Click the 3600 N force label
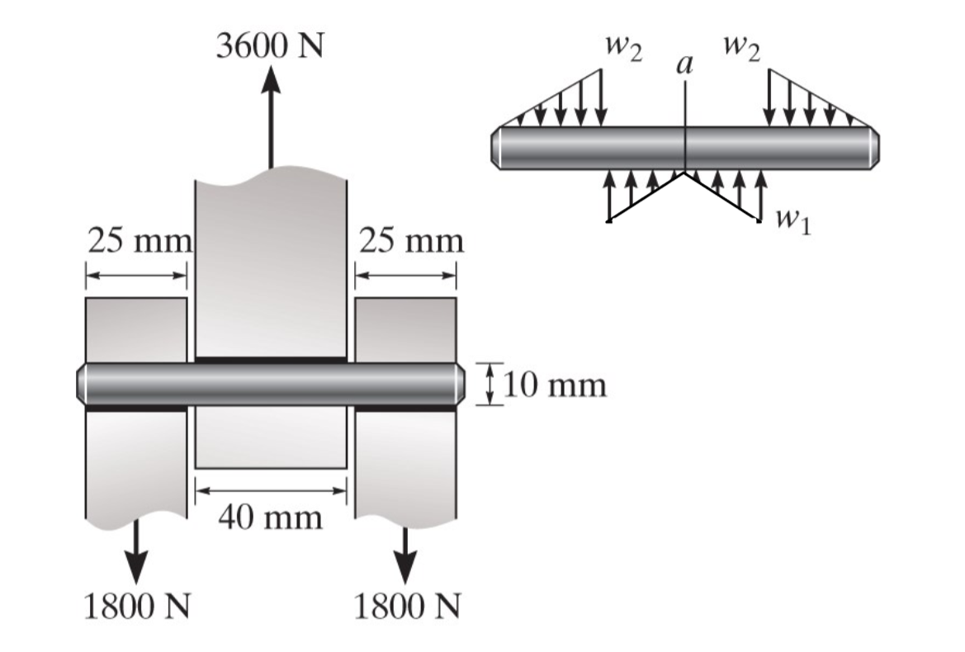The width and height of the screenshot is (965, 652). (269, 46)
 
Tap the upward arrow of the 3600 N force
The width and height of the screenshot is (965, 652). (270, 116)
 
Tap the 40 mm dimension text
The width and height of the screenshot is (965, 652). (270, 517)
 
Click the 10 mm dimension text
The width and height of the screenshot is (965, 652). (555, 385)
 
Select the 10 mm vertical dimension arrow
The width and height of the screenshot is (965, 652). (490, 385)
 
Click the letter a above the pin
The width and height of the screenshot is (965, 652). (684, 64)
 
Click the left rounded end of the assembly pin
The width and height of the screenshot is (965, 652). (83, 385)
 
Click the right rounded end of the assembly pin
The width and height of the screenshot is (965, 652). (460, 385)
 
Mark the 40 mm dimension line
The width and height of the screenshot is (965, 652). (270, 491)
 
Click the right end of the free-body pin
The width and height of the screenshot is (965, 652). (874, 149)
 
